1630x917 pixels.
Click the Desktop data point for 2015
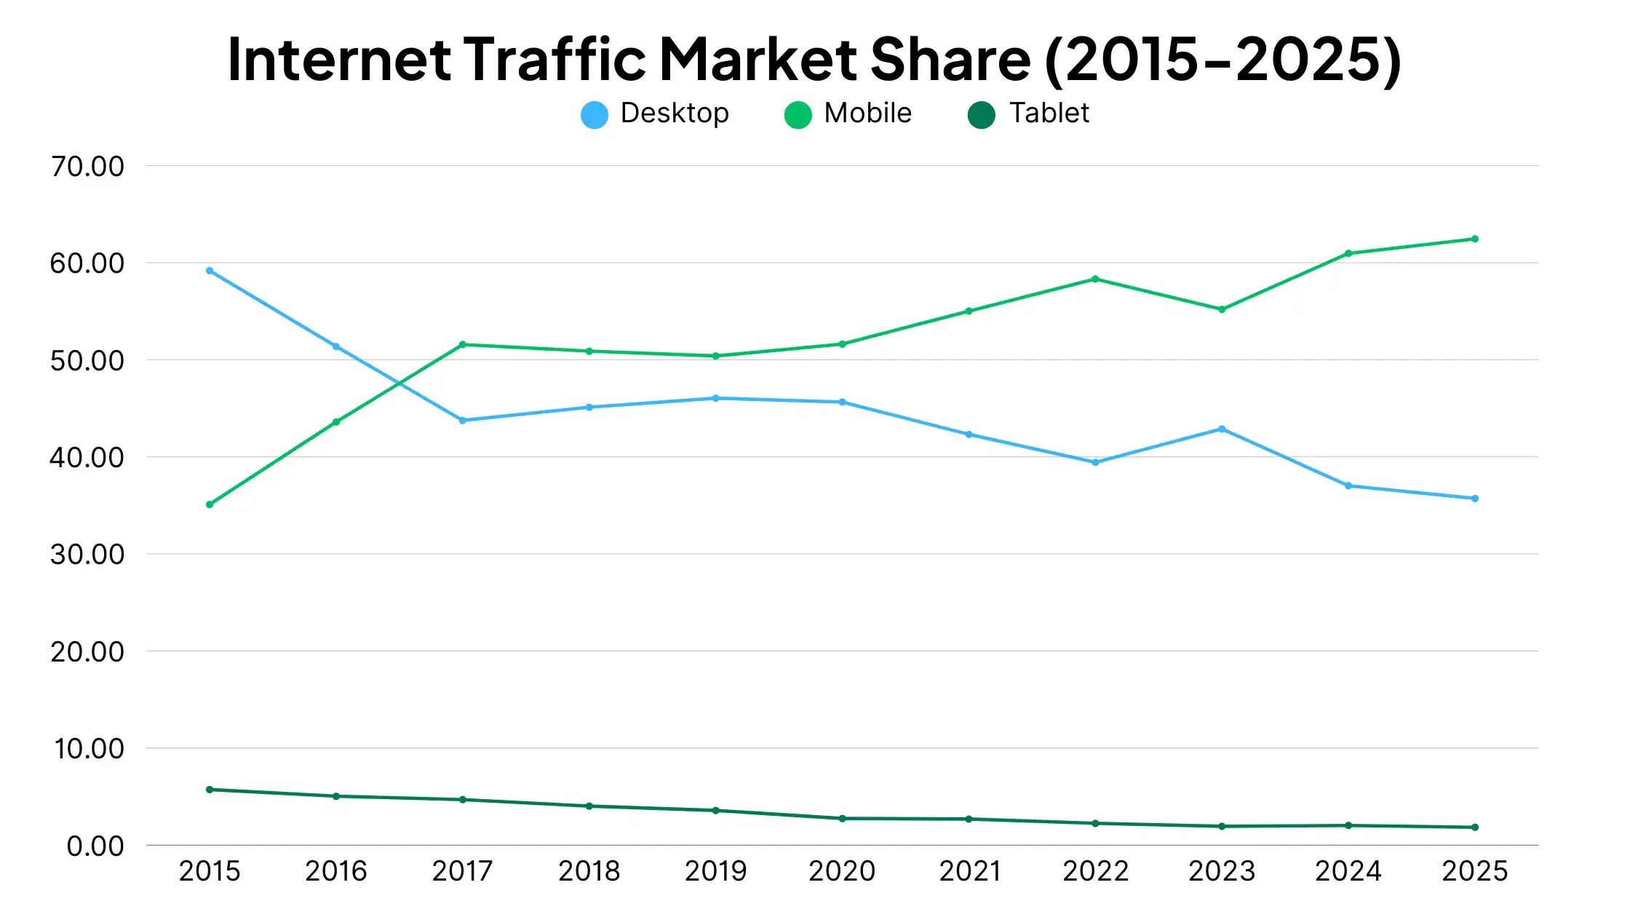pos(210,271)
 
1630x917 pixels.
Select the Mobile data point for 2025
pos(1475,239)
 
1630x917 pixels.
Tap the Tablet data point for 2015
pos(210,790)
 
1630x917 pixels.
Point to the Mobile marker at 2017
pos(463,344)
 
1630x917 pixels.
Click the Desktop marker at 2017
pos(463,421)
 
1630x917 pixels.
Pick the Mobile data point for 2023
pos(1222,309)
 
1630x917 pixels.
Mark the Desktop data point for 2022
pos(1095,462)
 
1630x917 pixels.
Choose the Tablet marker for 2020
pos(843,819)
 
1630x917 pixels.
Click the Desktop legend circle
pos(595,115)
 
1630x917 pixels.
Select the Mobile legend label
pos(867,114)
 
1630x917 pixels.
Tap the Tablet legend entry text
pos(1049,114)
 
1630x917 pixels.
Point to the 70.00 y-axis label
pos(87,167)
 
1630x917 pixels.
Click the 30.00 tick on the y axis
pos(87,555)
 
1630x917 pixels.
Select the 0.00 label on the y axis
pos(95,846)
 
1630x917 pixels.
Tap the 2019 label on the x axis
pos(715,871)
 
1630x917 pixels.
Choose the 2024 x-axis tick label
pos(1348,871)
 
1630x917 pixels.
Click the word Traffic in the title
pos(554,60)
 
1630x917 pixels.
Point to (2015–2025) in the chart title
pos(1222,60)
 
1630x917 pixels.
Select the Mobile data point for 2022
pos(1095,279)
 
